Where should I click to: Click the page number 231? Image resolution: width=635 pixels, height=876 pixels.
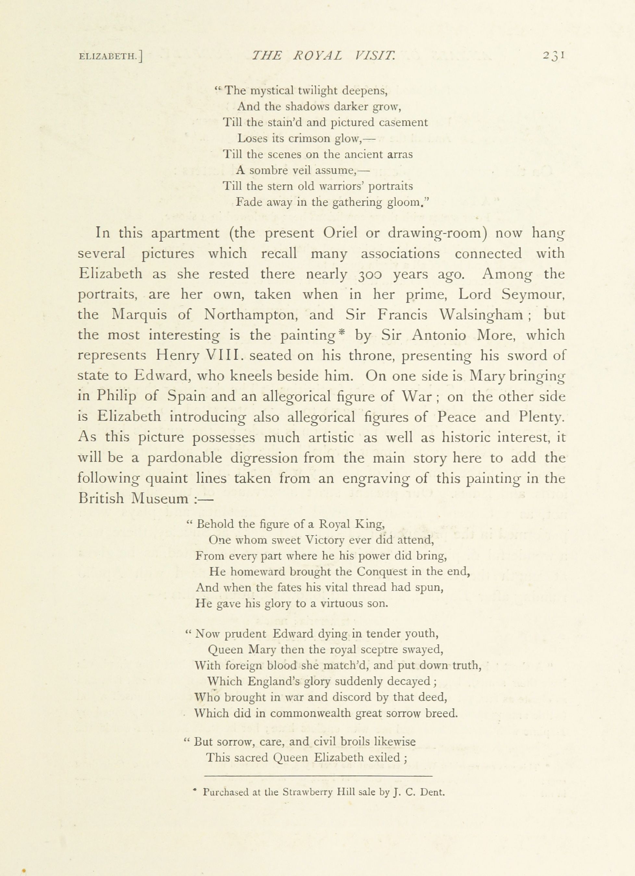tap(554, 56)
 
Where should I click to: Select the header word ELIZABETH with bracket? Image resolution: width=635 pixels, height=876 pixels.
tap(110, 57)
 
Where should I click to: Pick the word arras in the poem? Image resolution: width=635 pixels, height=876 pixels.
tap(400, 155)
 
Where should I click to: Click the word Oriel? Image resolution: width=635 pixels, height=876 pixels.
tap(340, 233)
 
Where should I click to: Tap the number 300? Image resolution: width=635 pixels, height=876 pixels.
tap(370, 274)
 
